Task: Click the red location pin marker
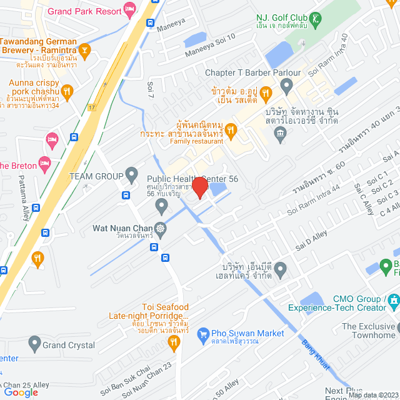(x=199, y=187)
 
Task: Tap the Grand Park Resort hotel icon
(x=129, y=9)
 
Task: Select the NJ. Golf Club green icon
(x=319, y=19)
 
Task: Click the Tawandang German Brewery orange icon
(x=86, y=49)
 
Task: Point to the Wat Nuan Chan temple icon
(x=161, y=228)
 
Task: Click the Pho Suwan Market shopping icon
(x=203, y=335)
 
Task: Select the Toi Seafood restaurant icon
(x=174, y=341)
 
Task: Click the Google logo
(x=21, y=392)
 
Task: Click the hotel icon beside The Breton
(x=44, y=164)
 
